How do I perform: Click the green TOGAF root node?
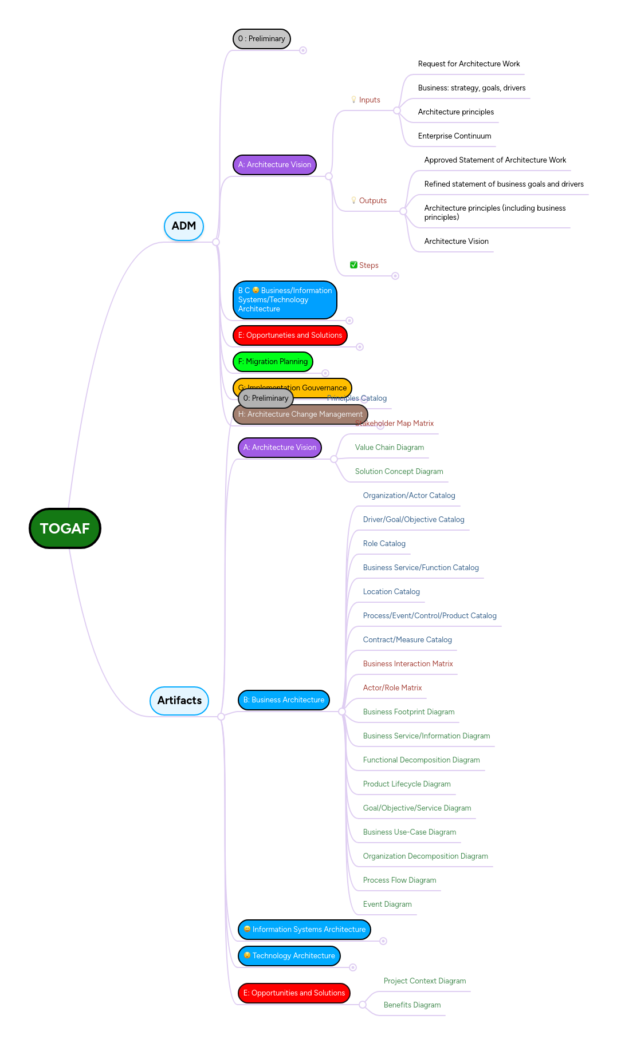click(x=65, y=528)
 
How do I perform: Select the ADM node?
click(x=184, y=226)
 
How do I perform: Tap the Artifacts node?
click(x=179, y=701)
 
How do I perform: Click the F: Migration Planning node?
click(x=273, y=362)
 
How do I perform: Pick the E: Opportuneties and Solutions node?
click(x=290, y=335)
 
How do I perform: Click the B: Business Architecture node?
click(x=284, y=700)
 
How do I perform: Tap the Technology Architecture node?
click(x=289, y=956)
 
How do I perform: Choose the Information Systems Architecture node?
click(x=304, y=930)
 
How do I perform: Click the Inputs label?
click(x=369, y=100)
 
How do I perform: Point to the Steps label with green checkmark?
click(x=368, y=266)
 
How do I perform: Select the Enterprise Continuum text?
click(x=454, y=136)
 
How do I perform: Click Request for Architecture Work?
click(x=469, y=64)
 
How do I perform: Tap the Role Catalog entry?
click(x=384, y=544)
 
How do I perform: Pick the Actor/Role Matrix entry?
click(x=392, y=688)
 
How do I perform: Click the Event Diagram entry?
click(x=387, y=904)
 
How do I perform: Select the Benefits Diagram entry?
click(x=412, y=1005)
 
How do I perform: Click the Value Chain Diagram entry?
click(x=389, y=448)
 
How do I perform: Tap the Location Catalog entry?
click(x=391, y=592)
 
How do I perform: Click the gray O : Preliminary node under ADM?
click(x=262, y=39)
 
